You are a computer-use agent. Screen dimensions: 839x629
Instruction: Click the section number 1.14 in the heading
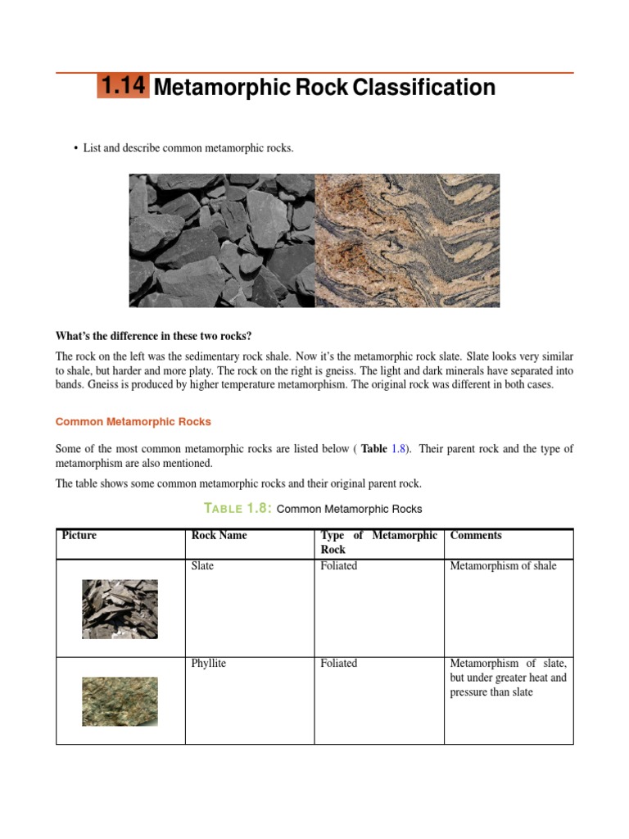123,86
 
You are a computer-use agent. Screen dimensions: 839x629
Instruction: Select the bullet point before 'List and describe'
75,148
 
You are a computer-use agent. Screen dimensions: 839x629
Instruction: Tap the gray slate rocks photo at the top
222,240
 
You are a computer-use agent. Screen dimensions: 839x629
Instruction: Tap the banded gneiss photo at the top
407,240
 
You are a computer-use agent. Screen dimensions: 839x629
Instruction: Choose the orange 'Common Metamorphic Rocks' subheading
133,422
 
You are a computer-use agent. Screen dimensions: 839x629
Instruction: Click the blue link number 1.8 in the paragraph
398,449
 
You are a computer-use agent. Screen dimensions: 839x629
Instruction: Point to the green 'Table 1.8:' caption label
237,509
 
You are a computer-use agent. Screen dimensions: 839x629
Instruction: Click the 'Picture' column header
79,536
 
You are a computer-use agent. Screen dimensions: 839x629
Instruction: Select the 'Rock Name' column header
219,536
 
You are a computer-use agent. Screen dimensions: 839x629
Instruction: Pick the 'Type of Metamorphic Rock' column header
378,542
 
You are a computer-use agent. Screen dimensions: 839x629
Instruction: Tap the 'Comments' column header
476,536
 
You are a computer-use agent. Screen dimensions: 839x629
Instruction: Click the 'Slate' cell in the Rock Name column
202,566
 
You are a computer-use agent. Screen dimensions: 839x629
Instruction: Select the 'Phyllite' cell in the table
208,664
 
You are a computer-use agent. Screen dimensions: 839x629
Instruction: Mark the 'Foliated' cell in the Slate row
339,566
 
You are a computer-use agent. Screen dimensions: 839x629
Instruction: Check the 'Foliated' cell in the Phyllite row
339,664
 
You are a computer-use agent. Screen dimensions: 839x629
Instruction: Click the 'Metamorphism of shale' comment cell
503,566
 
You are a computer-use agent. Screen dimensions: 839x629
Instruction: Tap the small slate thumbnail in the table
120,609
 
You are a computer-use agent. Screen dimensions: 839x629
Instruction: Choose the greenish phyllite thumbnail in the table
120,701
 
